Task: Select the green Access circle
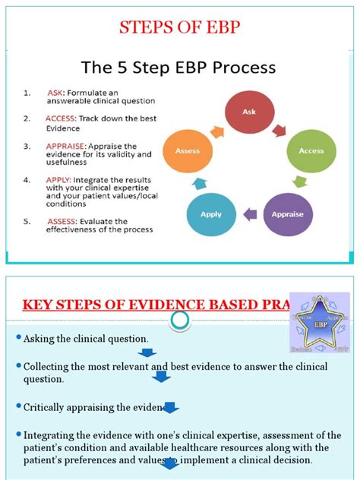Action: [x=311, y=150]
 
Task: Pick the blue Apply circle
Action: [x=210, y=215]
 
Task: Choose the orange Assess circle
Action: [x=188, y=150]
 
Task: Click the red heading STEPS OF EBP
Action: [x=180, y=29]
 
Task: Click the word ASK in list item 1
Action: [x=55, y=93]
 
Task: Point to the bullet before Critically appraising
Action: [x=19, y=407]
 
